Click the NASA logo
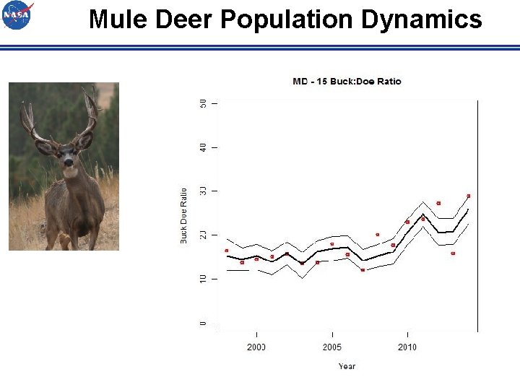[x=17, y=16]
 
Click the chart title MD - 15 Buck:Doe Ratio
[x=347, y=82]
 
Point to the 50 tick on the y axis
[x=203, y=104]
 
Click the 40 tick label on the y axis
[x=203, y=147]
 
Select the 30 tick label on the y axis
[x=203, y=191]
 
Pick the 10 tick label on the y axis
[x=203, y=279]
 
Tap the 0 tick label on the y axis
[x=203, y=323]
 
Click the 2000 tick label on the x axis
[x=256, y=347]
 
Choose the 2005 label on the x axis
[x=332, y=347]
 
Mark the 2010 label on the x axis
[x=407, y=347]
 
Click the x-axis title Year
[x=347, y=366]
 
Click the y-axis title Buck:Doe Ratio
[x=183, y=215]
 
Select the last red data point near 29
[x=469, y=196]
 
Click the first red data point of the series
[x=227, y=251]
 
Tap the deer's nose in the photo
[x=68, y=163]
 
